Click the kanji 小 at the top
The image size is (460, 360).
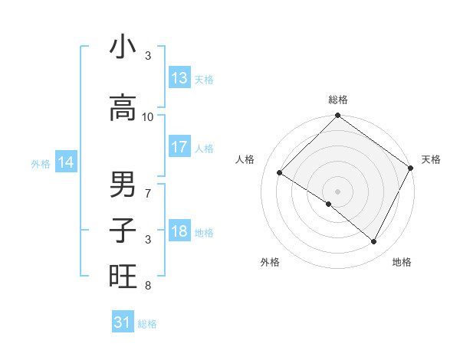123,47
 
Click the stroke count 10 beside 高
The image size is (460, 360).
148,116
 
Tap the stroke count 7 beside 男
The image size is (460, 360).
148,193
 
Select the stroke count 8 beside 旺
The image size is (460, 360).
148,286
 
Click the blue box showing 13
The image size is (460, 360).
179,78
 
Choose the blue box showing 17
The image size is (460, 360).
179,147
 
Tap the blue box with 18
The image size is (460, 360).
179,231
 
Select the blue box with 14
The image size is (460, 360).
66,162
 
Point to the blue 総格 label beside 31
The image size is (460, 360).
147,324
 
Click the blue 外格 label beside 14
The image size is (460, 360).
41,163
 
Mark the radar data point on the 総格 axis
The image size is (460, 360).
337,116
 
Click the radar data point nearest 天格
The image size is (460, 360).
410,167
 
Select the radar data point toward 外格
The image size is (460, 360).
329,205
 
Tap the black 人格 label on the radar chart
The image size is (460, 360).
245,159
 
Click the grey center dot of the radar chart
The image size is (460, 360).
337,191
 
